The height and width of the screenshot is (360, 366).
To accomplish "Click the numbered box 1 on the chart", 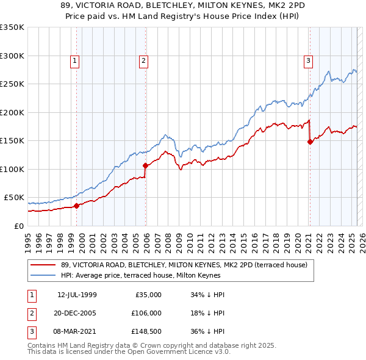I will [x=74, y=60].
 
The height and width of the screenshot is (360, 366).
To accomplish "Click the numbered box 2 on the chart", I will [x=143, y=60].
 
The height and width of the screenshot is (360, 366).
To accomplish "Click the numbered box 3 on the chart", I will [x=308, y=60].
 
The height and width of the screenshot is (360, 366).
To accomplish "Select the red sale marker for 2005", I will [x=146, y=165].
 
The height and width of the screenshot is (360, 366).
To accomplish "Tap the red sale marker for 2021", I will [x=310, y=142].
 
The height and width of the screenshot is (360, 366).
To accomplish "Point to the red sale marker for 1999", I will [x=77, y=206].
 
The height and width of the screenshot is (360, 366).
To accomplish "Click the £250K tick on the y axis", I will [x=12, y=84].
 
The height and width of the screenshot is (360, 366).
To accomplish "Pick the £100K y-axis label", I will [x=12, y=169].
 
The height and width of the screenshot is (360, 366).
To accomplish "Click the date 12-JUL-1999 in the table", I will [x=77, y=295].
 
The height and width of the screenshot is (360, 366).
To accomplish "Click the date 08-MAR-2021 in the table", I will [x=77, y=331].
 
